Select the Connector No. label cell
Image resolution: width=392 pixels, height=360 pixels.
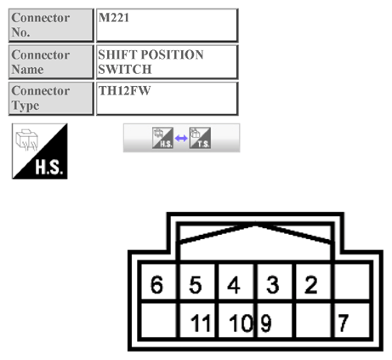pos(49,25)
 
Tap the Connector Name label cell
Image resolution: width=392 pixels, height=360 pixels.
pos(49,61)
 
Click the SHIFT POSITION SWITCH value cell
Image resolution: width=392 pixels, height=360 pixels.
pos(166,61)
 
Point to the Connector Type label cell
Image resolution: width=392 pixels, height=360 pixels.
pos(49,97)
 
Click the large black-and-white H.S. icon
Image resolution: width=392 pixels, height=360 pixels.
pos(39,151)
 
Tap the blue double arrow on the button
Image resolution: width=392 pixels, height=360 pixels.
pos(181,138)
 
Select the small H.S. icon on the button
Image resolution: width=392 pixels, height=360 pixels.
pos(162,138)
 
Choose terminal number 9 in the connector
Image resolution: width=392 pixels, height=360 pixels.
pos(264,323)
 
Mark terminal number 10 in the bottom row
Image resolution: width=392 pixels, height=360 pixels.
pos(240,323)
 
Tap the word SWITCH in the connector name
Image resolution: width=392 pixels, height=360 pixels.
pos(124,69)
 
